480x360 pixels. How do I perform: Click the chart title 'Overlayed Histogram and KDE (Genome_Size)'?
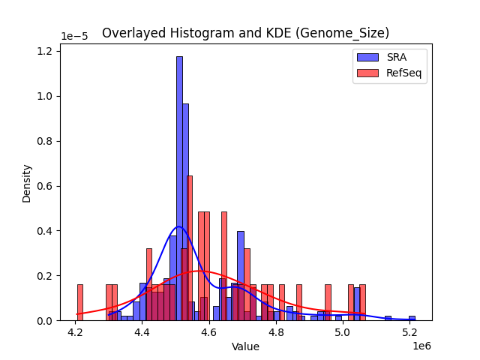coord(245,33)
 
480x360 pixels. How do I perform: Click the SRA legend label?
coord(397,57)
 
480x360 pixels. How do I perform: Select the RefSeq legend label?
coord(403,73)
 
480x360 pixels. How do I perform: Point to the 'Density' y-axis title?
coord(27,182)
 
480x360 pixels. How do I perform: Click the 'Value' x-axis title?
coord(245,346)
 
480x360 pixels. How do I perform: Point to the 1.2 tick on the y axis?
coord(46,51)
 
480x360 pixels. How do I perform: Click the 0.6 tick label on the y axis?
coord(46,186)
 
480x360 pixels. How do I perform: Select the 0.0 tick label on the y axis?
coord(46,321)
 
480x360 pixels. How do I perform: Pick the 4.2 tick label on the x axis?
coord(75,332)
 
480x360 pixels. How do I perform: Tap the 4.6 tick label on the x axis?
coord(209,332)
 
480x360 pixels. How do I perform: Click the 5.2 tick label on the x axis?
coord(410,332)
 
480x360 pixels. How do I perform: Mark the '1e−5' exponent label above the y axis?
coord(73,37)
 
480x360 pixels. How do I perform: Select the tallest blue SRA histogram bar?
coord(179,187)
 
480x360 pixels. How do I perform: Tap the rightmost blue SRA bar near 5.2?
coord(412,318)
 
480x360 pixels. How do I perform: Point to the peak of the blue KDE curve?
coord(178,226)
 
